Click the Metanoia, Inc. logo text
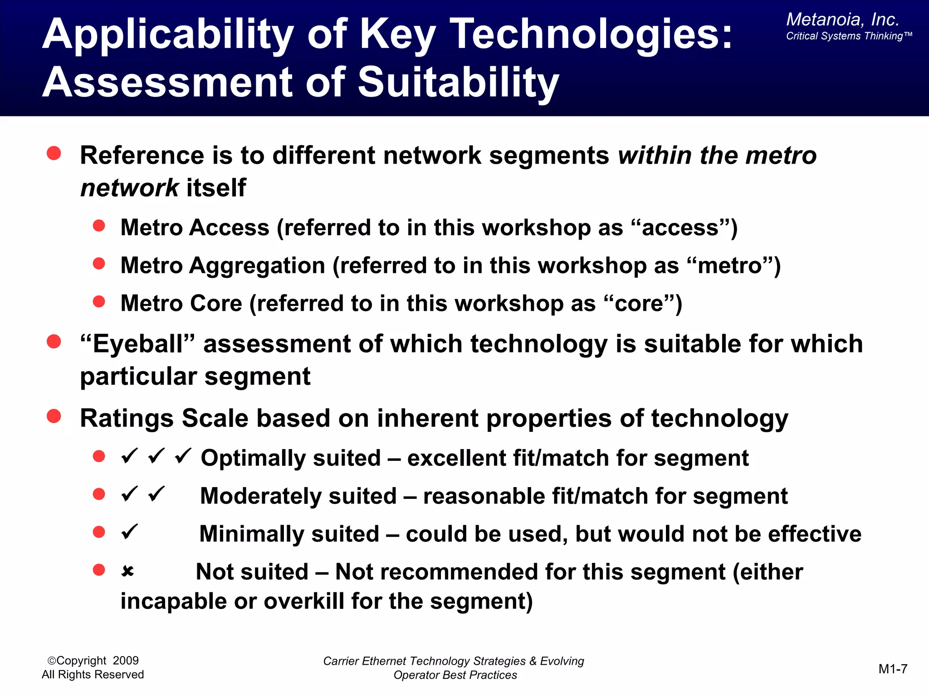coord(842,19)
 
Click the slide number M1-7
coord(893,669)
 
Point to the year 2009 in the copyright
coord(126,661)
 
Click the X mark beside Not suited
coord(127,571)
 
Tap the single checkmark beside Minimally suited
coord(130,532)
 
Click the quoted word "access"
coord(680,227)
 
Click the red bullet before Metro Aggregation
coord(99,264)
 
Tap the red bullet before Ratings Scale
coord(54,416)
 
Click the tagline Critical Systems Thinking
coord(849,36)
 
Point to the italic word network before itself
coord(130,188)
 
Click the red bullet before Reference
coord(54,153)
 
